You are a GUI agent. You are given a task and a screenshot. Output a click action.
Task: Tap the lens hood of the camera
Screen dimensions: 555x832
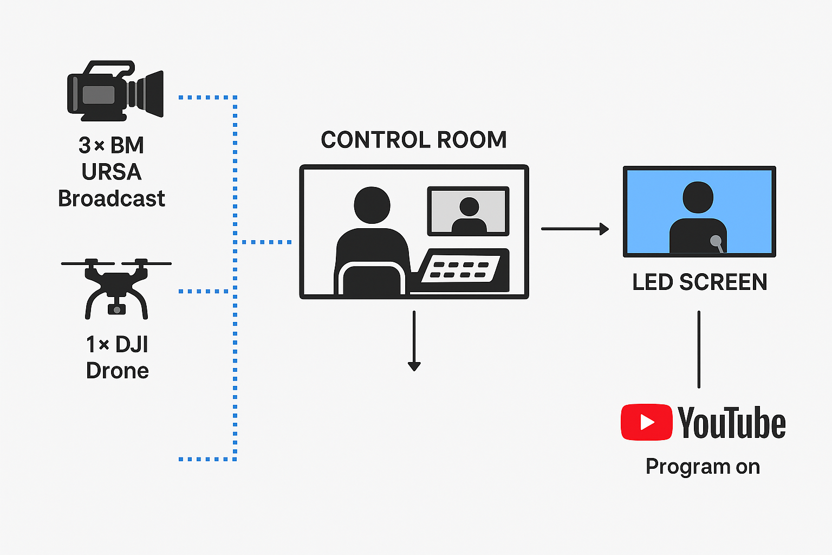[x=152, y=93]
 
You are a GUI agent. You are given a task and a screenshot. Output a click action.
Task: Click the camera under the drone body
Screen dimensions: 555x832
[x=116, y=309]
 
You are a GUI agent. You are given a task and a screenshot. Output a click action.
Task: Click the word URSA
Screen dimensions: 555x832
[x=112, y=172]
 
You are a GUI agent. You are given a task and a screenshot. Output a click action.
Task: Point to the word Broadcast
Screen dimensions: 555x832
[x=112, y=198]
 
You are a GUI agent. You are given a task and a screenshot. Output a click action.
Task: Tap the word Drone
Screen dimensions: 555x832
[x=117, y=371]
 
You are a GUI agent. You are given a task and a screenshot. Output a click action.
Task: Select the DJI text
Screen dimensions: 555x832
[x=132, y=344]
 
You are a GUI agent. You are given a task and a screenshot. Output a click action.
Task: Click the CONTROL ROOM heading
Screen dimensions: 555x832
[x=414, y=140]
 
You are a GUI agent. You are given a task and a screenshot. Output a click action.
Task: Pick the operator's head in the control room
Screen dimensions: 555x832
[x=372, y=205]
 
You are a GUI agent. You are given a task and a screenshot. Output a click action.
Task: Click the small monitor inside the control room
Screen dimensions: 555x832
[x=468, y=211]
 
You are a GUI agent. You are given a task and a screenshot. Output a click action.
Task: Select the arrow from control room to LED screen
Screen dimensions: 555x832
[x=574, y=229]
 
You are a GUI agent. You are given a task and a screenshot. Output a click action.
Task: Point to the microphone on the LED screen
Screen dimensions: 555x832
[x=717, y=241]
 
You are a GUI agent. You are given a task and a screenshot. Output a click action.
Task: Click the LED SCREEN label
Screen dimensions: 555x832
[x=700, y=282]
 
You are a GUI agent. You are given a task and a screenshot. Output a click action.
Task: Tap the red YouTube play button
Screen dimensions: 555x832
[x=647, y=422]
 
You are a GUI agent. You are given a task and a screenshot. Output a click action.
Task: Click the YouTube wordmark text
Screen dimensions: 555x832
[x=731, y=423]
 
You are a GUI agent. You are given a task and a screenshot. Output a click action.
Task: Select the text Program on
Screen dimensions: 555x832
[x=703, y=467]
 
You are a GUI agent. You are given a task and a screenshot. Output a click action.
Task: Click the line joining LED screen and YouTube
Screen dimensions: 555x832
[x=699, y=350]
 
